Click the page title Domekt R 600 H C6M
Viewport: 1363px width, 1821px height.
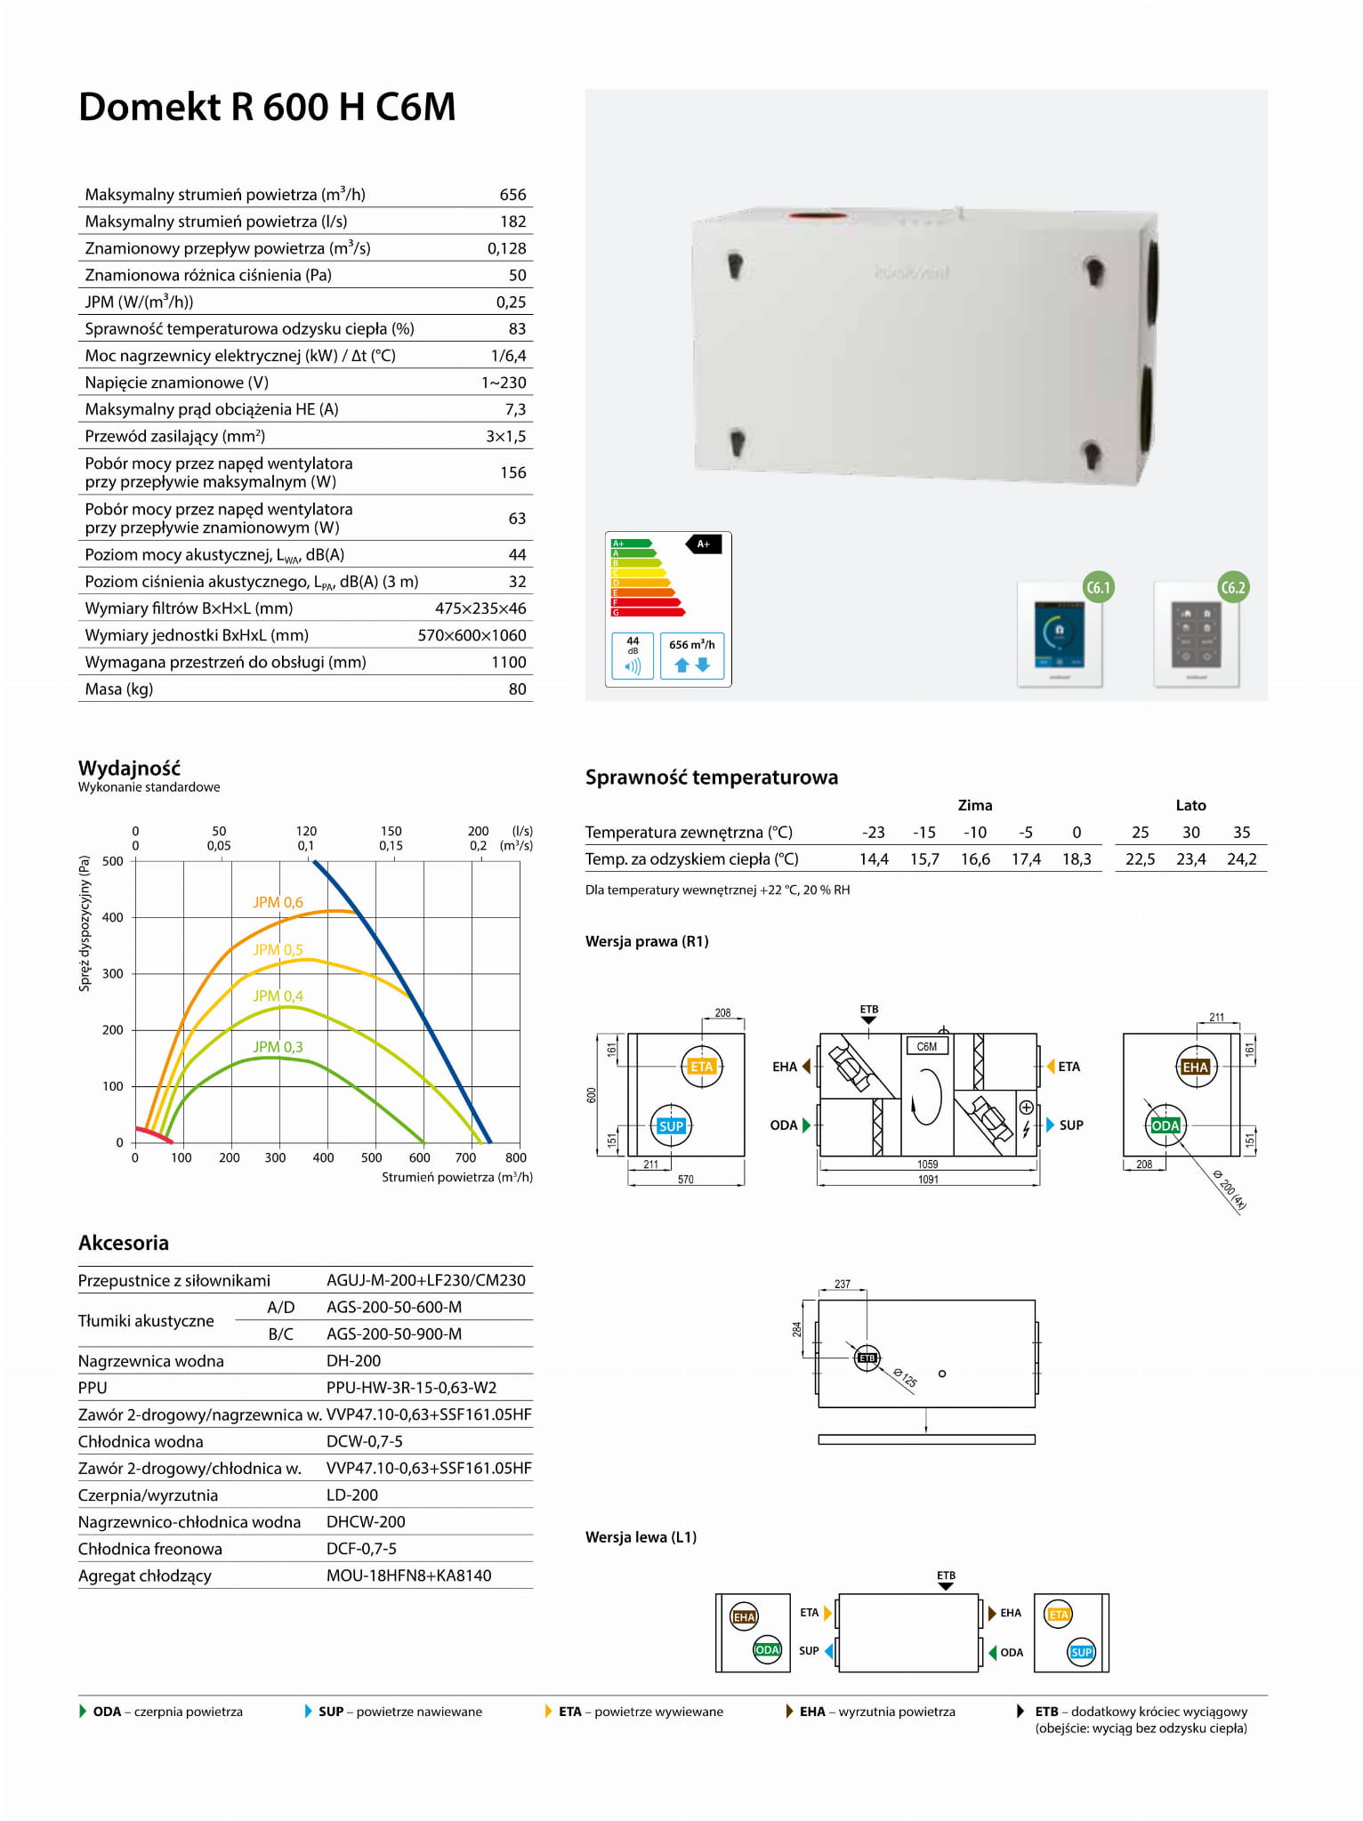267,108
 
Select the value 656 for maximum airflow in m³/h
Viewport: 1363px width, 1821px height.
512,195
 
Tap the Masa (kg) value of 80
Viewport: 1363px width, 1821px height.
517,689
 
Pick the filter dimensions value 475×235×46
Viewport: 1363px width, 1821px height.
480,608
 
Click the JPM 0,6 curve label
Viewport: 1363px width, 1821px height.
278,902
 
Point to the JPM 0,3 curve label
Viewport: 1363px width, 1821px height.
278,1047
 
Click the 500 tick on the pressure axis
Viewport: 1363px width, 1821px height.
113,861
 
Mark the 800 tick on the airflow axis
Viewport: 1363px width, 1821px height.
516,1157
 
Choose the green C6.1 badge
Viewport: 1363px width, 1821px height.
1099,587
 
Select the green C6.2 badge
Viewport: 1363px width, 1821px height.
1233,587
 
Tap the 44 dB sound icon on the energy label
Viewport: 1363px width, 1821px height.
633,656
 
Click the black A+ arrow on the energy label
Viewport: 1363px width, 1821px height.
703,544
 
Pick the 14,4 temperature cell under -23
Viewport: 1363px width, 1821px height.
874,859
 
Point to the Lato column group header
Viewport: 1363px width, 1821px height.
1190,805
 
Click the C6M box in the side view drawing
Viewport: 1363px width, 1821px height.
926,1046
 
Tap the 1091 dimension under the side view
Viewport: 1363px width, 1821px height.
928,1180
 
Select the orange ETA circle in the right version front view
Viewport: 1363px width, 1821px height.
702,1067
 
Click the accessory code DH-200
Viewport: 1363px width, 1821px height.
353,1361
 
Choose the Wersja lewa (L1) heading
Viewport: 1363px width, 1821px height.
641,1537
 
